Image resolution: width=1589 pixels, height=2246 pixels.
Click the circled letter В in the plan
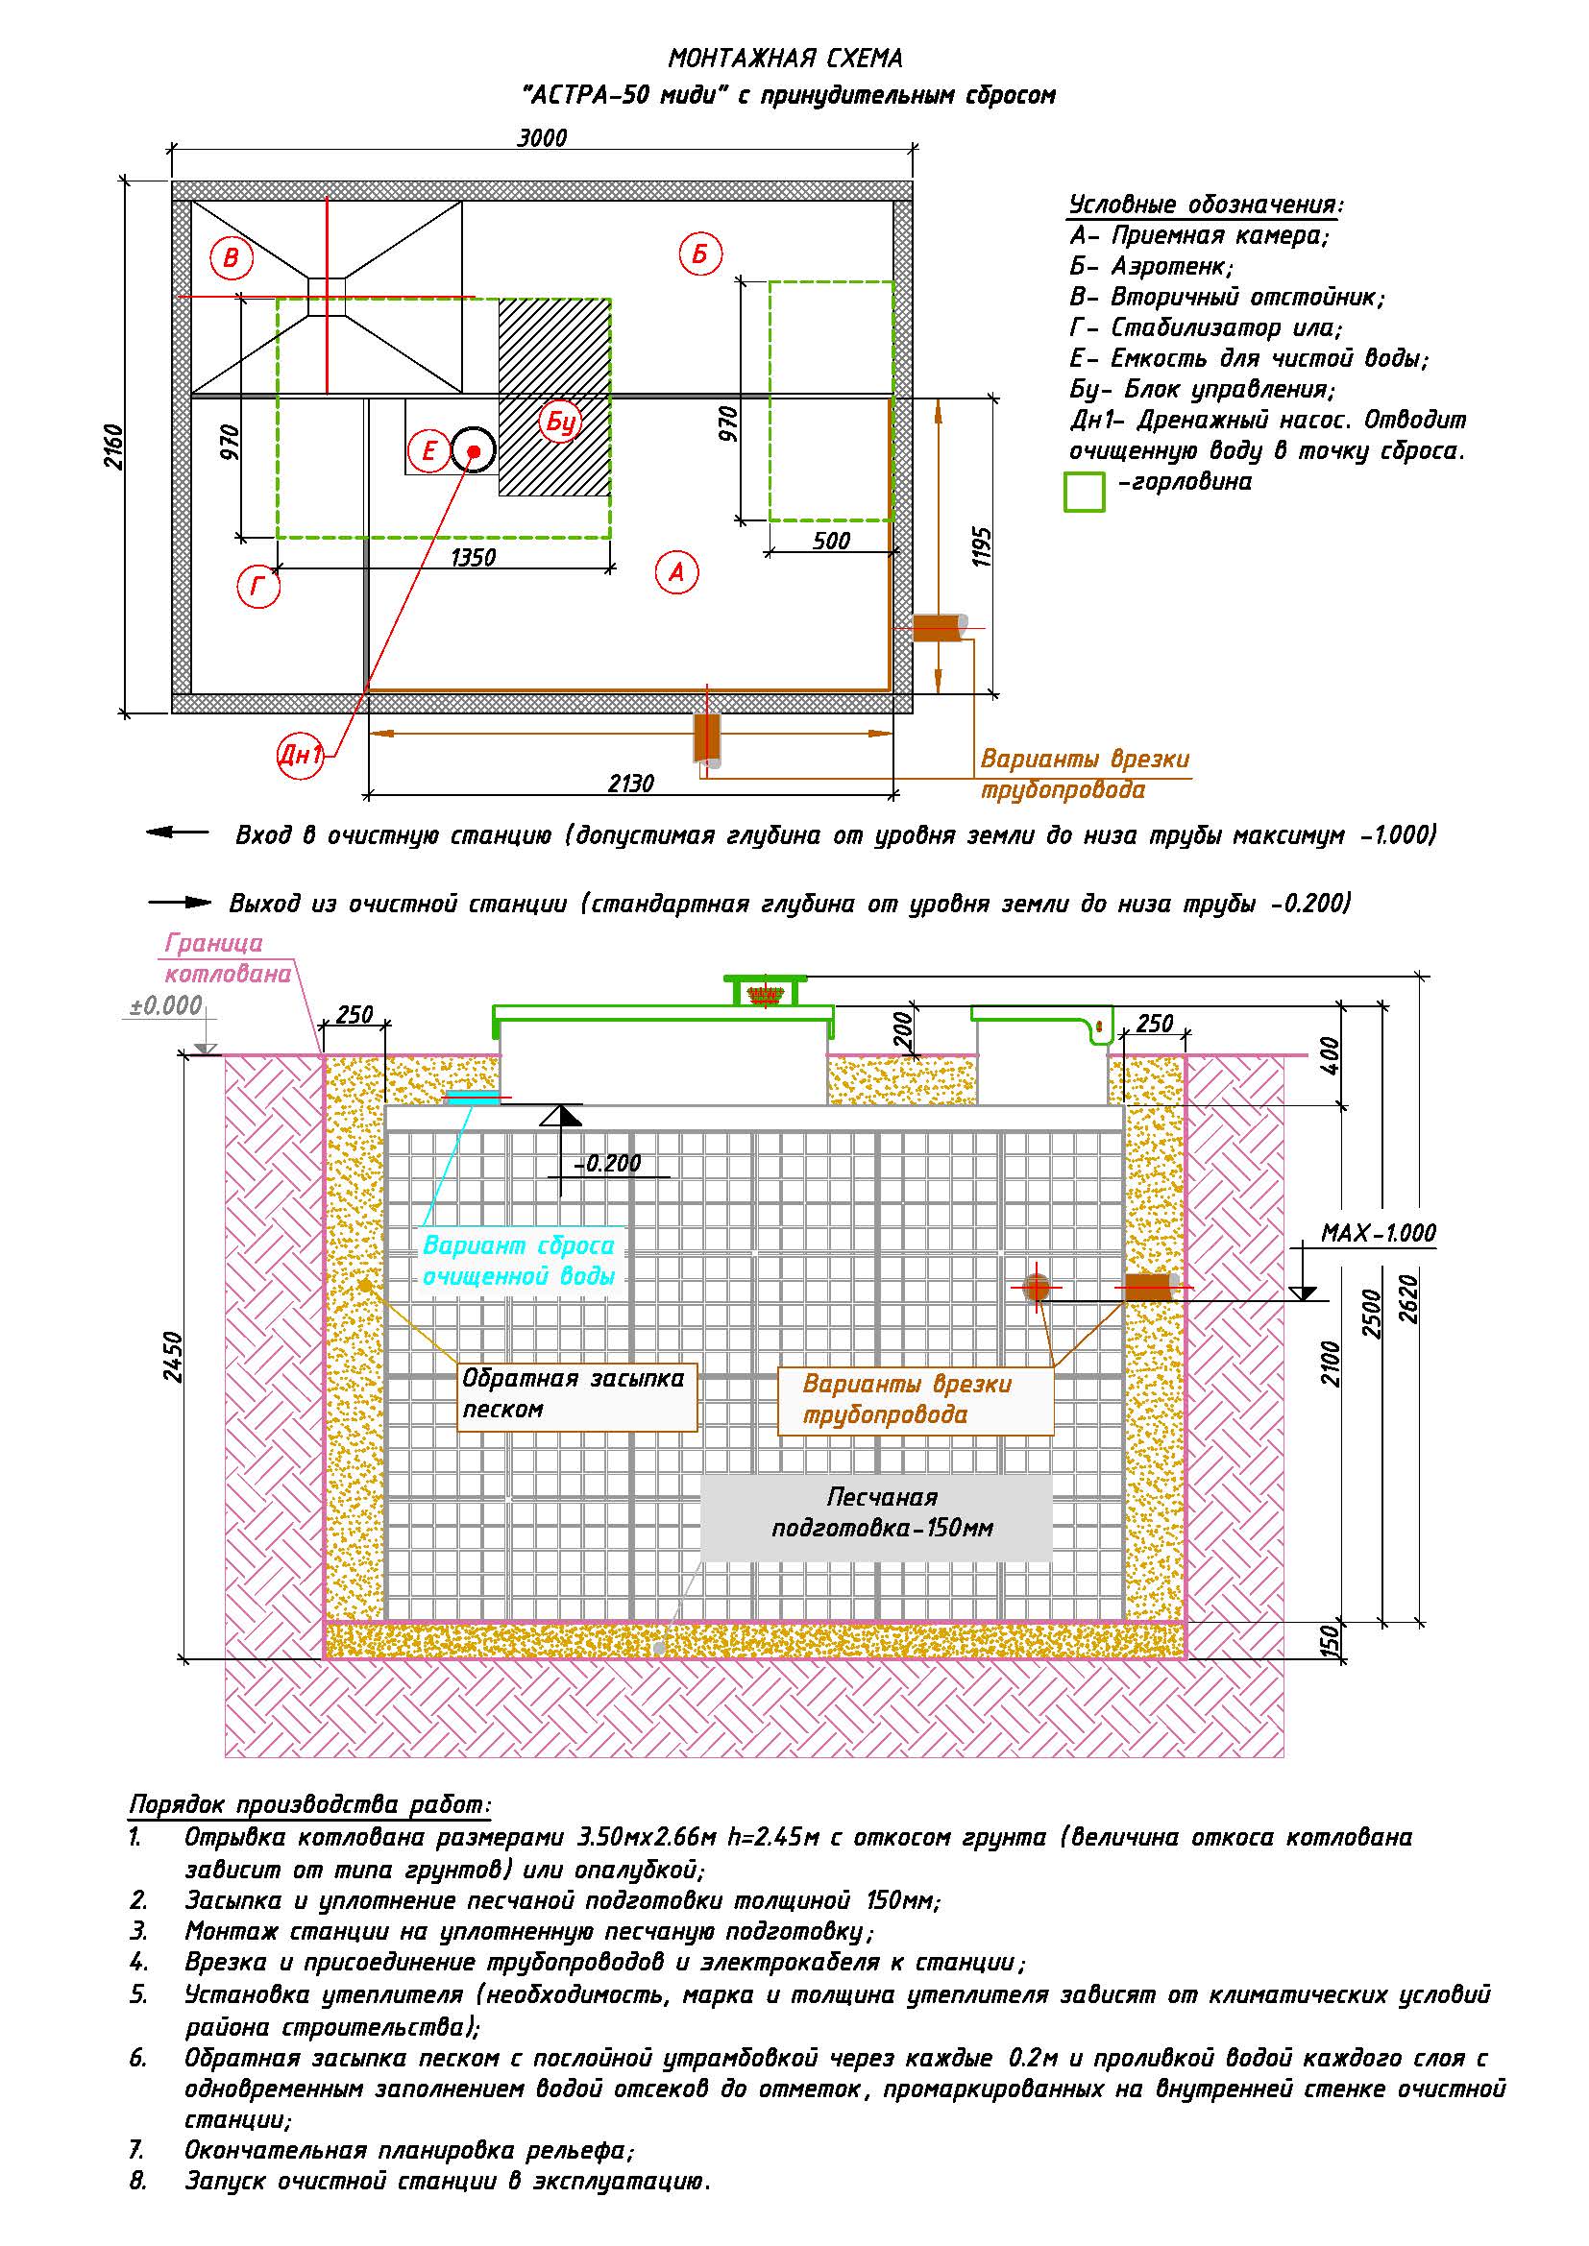tap(231, 258)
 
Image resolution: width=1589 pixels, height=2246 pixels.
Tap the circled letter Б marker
tap(699, 254)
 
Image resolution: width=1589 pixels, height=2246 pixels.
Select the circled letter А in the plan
tap(676, 572)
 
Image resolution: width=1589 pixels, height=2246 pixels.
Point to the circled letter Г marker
tap(258, 586)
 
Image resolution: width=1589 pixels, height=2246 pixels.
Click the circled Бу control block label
tap(561, 422)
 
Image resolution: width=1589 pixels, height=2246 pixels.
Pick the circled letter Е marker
tap(428, 451)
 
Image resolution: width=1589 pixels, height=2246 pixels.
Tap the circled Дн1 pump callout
tap(301, 755)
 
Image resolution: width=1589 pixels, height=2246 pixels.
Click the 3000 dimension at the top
tap(542, 138)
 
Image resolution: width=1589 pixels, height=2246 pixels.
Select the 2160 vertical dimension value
tap(114, 447)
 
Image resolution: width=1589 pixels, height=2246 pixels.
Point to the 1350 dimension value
tap(474, 558)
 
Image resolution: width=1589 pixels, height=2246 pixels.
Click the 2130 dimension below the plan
tap(631, 784)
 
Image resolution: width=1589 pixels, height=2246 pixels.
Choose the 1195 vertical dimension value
tap(983, 546)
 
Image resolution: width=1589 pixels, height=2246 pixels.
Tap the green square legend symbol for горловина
tap(1084, 491)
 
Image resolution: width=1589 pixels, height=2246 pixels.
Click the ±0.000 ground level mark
tap(166, 1005)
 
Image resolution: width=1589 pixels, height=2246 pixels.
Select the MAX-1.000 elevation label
tap(1379, 1233)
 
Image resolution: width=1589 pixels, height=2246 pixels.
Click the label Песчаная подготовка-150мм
tap(882, 1512)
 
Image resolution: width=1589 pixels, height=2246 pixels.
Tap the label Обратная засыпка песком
tap(574, 1393)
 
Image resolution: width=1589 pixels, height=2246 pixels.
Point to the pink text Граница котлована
tap(228, 958)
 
